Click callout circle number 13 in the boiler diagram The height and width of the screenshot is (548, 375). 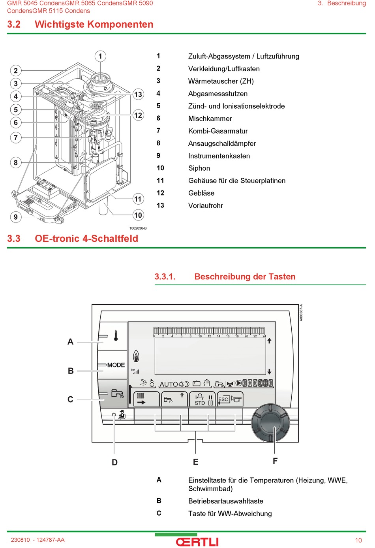pyautogui.click(x=138, y=94)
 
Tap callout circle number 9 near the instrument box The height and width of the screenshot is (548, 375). pyautogui.click(x=16, y=217)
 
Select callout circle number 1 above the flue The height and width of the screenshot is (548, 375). pyautogui.click(x=100, y=56)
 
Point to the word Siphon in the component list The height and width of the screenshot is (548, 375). pyautogui.click(x=199, y=168)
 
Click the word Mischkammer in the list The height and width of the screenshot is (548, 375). pyautogui.click(x=210, y=119)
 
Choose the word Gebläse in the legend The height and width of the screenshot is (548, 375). pyautogui.click(x=201, y=193)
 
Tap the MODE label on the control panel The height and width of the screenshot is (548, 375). pyautogui.click(x=116, y=365)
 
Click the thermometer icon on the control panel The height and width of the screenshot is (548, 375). pyautogui.click(x=116, y=336)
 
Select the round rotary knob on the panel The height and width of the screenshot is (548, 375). pyautogui.click(x=270, y=423)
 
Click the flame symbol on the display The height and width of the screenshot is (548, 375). pyautogui.click(x=136, y=356)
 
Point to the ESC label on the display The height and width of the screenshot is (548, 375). pyautogui.click(x=223, y=399)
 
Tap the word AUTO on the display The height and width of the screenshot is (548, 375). pyautogui.click(x=169, y=384)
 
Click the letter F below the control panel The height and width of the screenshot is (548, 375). pyautogui.click(x=275, y=461)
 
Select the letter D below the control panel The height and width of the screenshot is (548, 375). pyautogui.click(x=114, y=462)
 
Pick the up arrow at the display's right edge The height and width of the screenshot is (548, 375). pyautogui.click(x=269, y=341)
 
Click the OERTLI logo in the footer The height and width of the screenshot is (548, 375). pyautogui.click(x=197, y=542)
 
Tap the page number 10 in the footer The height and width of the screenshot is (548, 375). pyautogui.click(x=358, y=540)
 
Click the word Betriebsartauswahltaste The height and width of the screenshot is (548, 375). pyautogui.click(x=226, y=501)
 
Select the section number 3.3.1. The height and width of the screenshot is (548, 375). pyautogui.click(x=165, y=277)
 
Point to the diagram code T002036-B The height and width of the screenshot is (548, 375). pyautogui.click(x=138, y=228)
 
